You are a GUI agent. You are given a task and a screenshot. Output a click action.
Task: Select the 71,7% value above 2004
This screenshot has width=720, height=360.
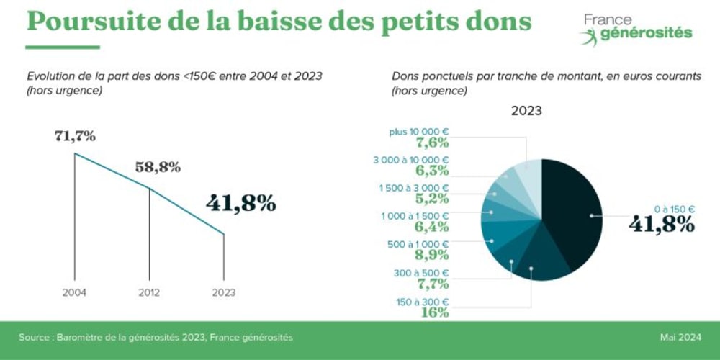[x=75, y=136]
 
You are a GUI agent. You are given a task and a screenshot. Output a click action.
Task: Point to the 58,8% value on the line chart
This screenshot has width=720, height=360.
[x=158, y=168]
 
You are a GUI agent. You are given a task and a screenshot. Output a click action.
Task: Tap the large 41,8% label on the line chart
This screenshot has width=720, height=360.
[x=240, y=203]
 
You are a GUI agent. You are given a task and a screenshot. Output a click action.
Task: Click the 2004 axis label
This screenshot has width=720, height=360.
[x=74, y=293]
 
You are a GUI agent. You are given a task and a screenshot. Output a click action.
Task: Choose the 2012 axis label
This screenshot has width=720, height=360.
[x=149, y=293]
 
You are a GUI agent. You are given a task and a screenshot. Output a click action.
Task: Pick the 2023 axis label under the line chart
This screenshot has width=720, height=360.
[x=223, y=293]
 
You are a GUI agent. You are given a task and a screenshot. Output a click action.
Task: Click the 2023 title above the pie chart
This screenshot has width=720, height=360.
[x=526, y=112]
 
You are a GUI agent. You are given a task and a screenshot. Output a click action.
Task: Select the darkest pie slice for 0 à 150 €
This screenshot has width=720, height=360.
[x=572, y=209]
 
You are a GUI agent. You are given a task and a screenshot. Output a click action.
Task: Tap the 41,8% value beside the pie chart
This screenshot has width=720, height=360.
[x=661, y=224]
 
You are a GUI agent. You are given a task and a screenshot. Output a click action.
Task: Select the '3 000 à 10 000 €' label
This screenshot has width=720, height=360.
[x=411, y=160]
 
